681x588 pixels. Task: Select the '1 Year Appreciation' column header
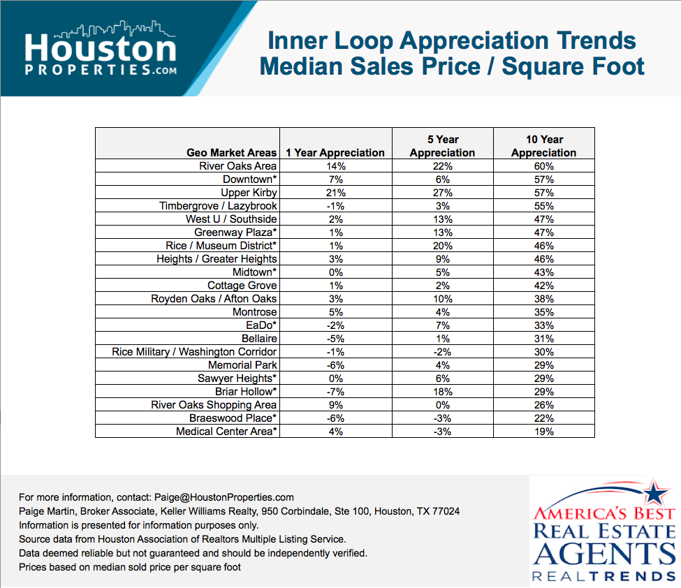(335, 152)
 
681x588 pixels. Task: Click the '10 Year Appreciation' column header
(543, 146)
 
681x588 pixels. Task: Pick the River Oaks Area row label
(237, 166)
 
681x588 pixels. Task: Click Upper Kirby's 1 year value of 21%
(335, 193)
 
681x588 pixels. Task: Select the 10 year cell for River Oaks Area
(543, 166)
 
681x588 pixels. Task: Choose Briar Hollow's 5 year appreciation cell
(442, 392)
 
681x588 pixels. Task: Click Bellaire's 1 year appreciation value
(335, 339)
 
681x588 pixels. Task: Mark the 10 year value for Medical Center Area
(543, 432)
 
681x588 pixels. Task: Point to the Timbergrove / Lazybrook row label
(218, 206)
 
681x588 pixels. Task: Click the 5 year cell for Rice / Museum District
(442, 246)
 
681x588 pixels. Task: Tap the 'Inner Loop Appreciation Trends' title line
(452, 41)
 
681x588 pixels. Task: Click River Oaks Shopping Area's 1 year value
(335, 405)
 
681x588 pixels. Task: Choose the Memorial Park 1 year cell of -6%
(335, 365)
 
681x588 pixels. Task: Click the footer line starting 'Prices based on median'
(130, 567)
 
